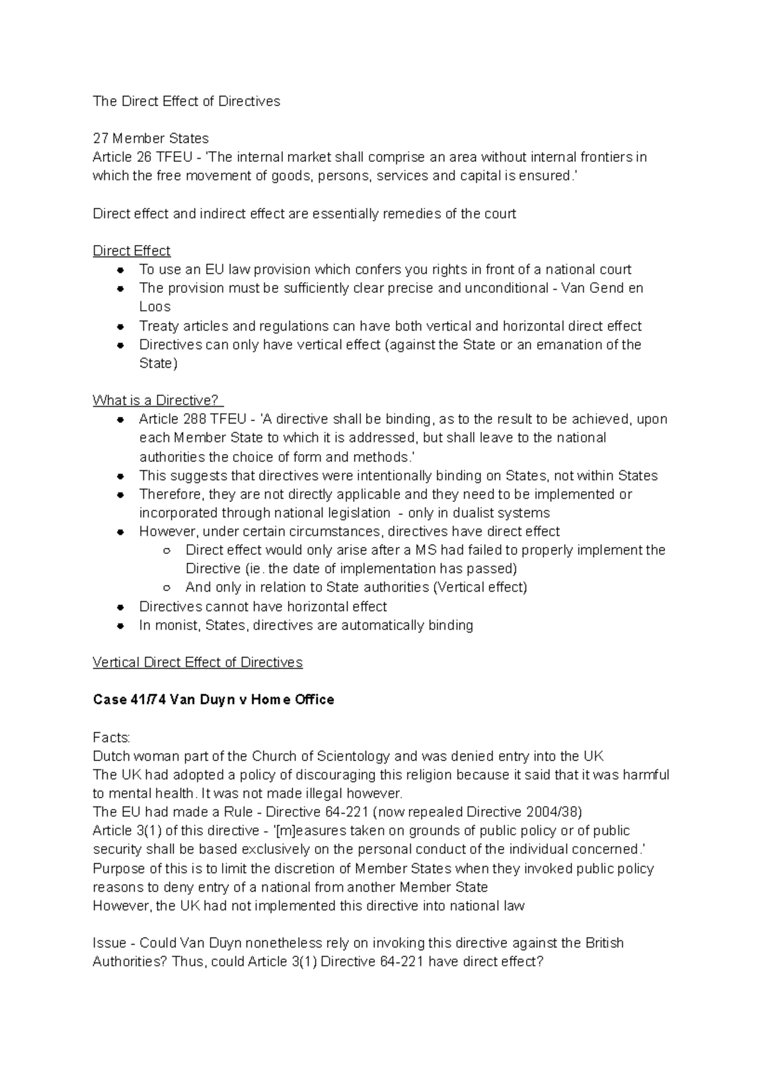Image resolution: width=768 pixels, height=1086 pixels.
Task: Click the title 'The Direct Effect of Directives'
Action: (x=186, y=101)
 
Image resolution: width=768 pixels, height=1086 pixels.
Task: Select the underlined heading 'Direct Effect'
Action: (x=131, y=251)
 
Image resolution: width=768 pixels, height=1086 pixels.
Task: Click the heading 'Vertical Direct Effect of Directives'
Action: (x=197, y=663)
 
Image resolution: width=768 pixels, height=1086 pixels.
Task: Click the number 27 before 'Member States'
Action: (x=100, y=138)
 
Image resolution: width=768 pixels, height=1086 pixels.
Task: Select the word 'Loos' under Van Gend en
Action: (x=155, y=306)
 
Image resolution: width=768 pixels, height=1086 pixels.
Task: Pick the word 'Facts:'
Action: (x=111, y=737)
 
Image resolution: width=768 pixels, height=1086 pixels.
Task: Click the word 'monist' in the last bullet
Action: (x=177, y=626)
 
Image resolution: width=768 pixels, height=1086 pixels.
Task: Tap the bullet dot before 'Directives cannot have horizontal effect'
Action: (x=120, y=607)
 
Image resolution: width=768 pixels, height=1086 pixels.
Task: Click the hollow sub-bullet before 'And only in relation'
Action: (x=166, y=588)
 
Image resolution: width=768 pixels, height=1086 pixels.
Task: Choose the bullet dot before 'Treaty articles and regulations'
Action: (x=120, y=326)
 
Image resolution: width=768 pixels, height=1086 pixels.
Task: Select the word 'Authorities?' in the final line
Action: (x=129, y=962)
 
